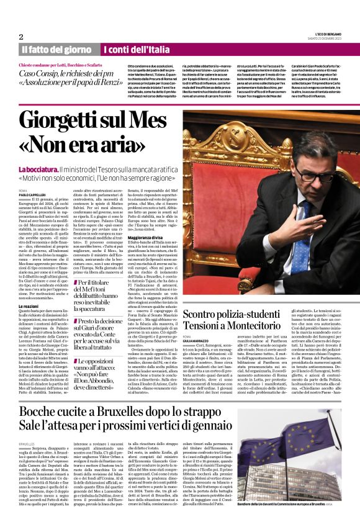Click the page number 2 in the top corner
[x=21, y=37]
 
